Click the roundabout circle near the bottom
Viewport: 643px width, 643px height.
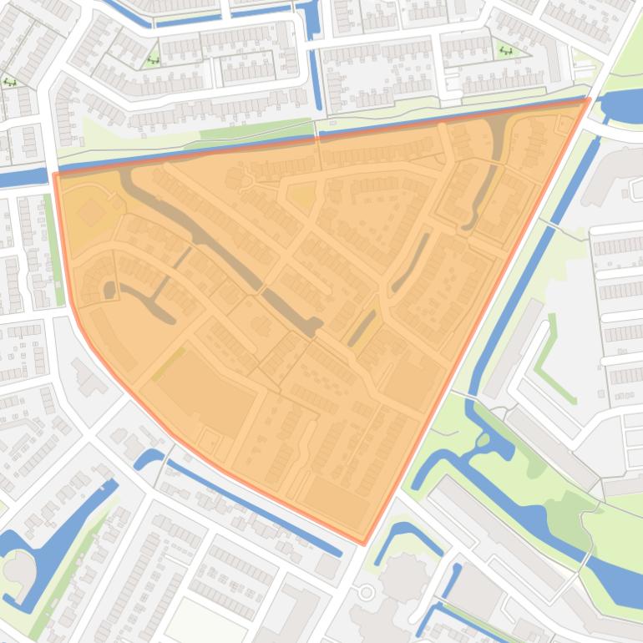tap(366, 593)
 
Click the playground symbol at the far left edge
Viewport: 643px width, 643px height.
tap(9, 82)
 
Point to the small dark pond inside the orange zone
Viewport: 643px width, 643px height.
tap(109, 290)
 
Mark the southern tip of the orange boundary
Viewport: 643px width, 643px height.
tap(364, 544)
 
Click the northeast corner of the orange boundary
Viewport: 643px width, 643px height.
tap(589, 99)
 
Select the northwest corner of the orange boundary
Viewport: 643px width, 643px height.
tap(55, 175)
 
